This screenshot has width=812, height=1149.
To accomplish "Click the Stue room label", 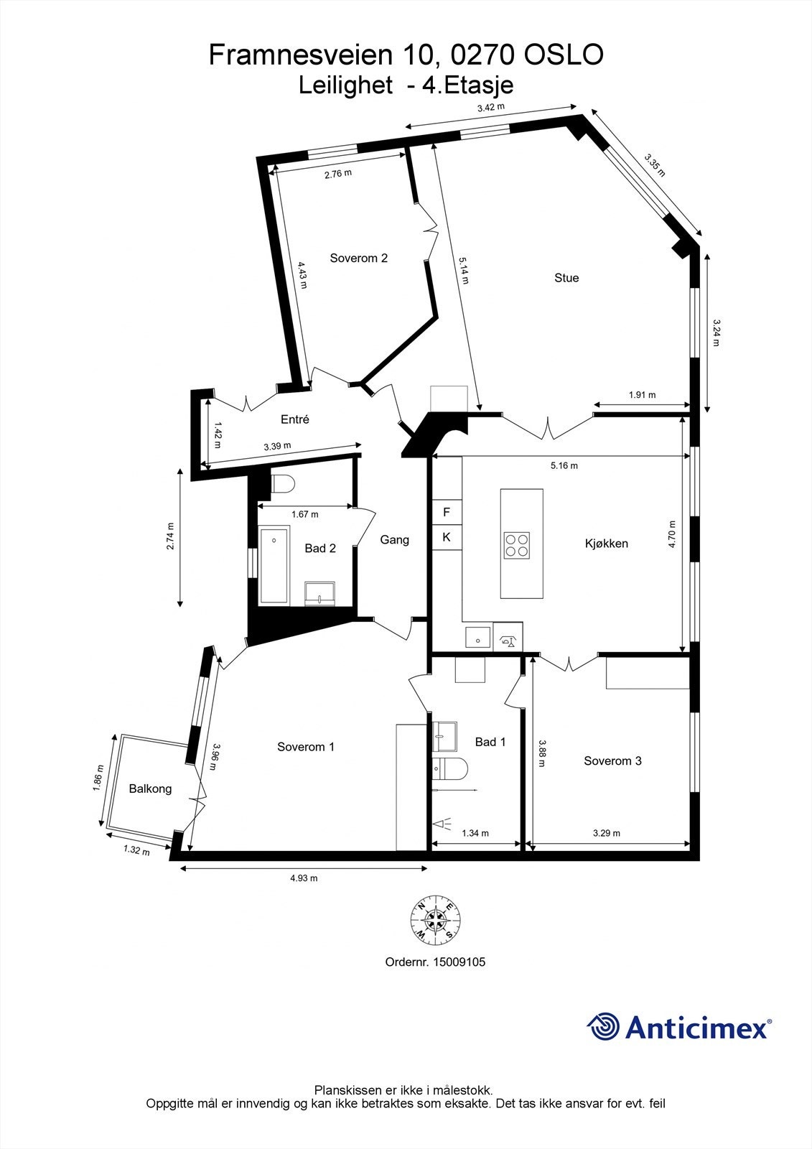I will tap(566, 278).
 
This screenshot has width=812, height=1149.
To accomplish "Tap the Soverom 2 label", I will tap(358, 258).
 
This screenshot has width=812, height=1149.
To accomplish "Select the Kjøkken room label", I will tap(606, 543).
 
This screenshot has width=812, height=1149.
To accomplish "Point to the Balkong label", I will tap(150, 789).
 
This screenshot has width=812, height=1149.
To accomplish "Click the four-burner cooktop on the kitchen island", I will tap(517, 544).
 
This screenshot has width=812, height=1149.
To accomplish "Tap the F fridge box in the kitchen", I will tap(446, 512).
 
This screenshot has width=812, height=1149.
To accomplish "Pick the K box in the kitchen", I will tap(446, 536).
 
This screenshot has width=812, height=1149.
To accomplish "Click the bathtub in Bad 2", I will tap(274, 565).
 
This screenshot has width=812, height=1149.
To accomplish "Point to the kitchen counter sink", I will tap(477, 636).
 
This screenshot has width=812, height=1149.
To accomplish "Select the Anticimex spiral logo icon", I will tap(603, 1027).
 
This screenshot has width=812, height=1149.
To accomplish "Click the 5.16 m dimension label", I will tap(564, 465).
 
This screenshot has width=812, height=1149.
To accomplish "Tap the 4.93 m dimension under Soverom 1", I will tap(303, 878).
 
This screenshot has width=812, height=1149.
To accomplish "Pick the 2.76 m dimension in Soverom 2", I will tap(337, 174).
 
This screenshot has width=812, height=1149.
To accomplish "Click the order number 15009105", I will tap(459, 962).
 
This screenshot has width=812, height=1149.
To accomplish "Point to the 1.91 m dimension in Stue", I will tap(642, 395).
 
